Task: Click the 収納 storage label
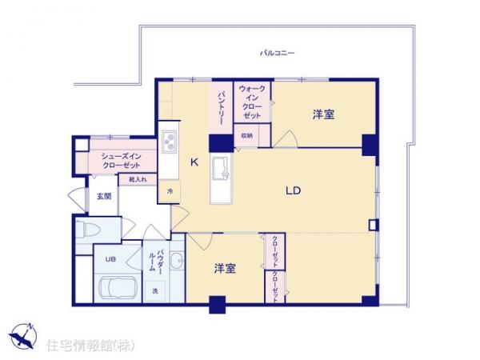[x=246, y=135]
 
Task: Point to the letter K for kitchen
[x=194, y=162]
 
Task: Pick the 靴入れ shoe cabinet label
[x=137, y=180]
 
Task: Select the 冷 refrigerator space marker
[x=170, y=191]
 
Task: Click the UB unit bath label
[x=110, y=259]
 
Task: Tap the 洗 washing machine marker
[x=155, y=290]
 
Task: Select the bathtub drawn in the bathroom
[x=117, y=286]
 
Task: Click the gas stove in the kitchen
[x=170, y=142]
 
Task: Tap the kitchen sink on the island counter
[x=221, y=169]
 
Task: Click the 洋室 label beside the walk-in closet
[x=323, y=114]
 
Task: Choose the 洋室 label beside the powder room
[x=225, y=268]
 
